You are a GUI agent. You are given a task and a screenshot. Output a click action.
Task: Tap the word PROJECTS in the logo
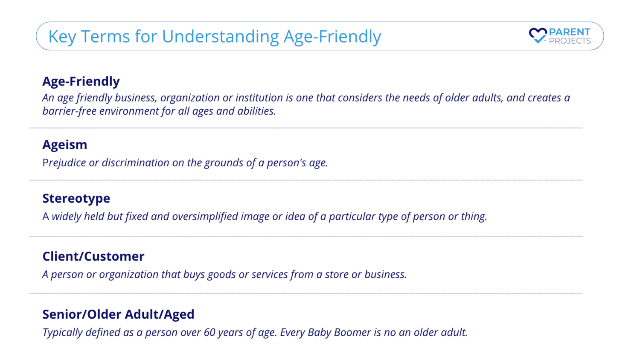click(570, 41)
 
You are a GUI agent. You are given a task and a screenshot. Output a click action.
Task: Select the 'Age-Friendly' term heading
click(81, 81)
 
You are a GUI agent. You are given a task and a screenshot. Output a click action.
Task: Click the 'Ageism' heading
click(65, 145)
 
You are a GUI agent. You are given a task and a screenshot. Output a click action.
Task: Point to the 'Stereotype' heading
click(76, 198)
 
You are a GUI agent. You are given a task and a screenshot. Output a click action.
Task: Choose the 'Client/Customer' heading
click(93, 256)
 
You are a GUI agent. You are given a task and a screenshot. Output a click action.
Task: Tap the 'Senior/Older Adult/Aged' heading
click(118, 314)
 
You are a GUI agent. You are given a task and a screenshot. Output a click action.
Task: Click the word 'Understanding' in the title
click(221, 37)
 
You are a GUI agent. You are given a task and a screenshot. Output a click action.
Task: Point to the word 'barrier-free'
click(70, 111)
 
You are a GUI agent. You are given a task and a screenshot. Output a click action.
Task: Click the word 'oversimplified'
click(205, 216)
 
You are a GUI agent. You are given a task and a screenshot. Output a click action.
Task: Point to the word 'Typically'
click(62, 333)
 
